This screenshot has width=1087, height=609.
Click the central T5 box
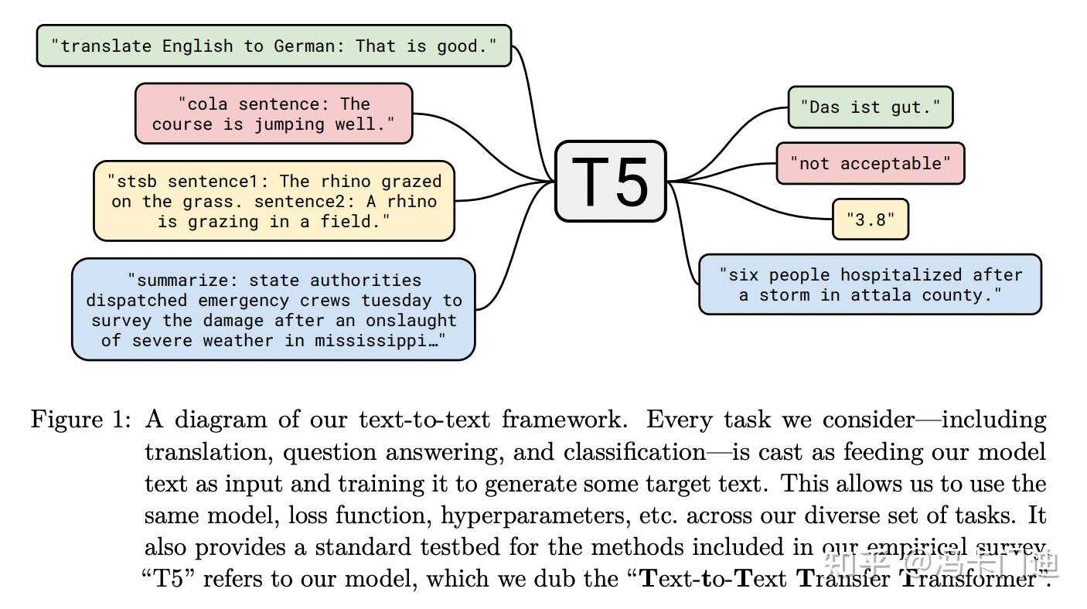click(611, 182)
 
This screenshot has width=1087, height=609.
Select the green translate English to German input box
click(274, 46)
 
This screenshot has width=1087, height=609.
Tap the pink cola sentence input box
click(274, 114)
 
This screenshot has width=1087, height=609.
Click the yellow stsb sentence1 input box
click(274, 201)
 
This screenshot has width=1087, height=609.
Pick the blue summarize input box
click(274, 309)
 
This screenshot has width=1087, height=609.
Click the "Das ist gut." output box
click(870, 107)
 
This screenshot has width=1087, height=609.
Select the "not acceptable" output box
click(870, 163)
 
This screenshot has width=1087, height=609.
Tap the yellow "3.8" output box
click(870, 219)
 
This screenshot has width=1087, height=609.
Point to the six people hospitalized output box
click(870, 284)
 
